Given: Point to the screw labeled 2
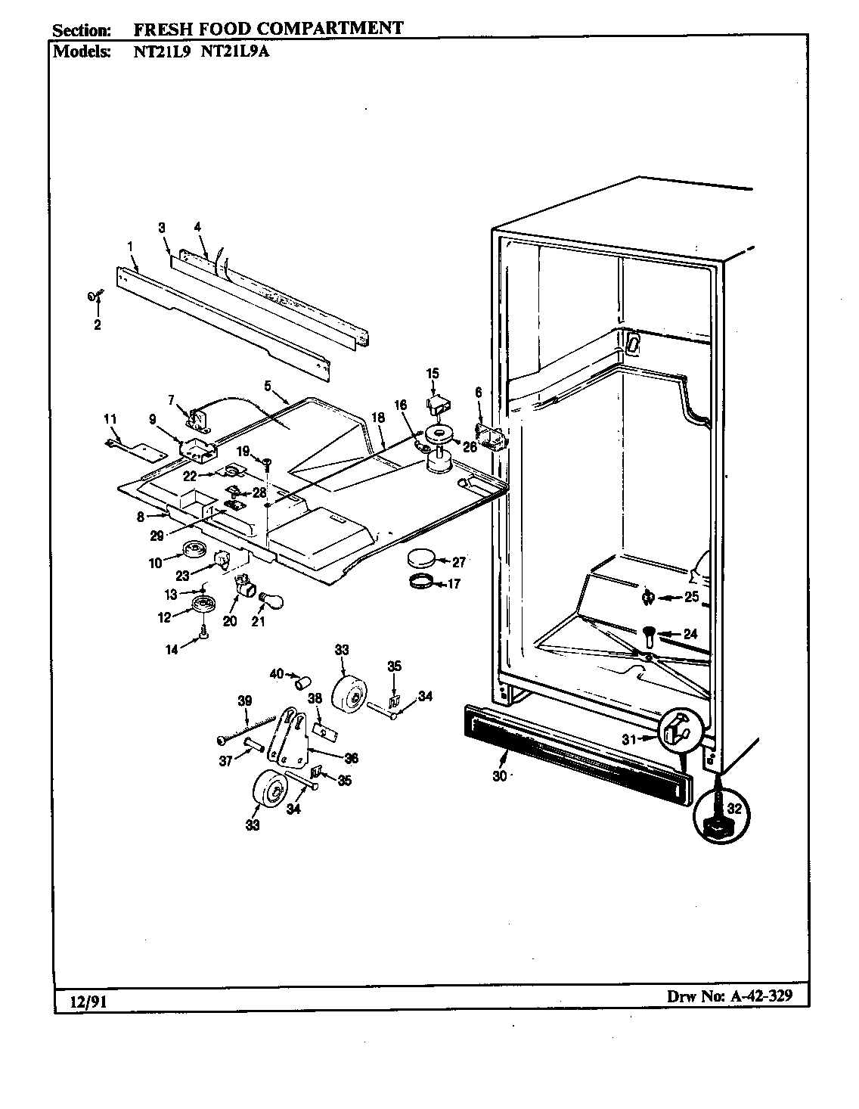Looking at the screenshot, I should tap(94, 297).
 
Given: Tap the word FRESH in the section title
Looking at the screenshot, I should tap(160, 30).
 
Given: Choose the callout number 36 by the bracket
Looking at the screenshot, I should tap(351, 759).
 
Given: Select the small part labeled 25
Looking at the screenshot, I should tap(647, 598).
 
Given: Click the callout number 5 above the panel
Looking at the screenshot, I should tap(267, 385).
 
